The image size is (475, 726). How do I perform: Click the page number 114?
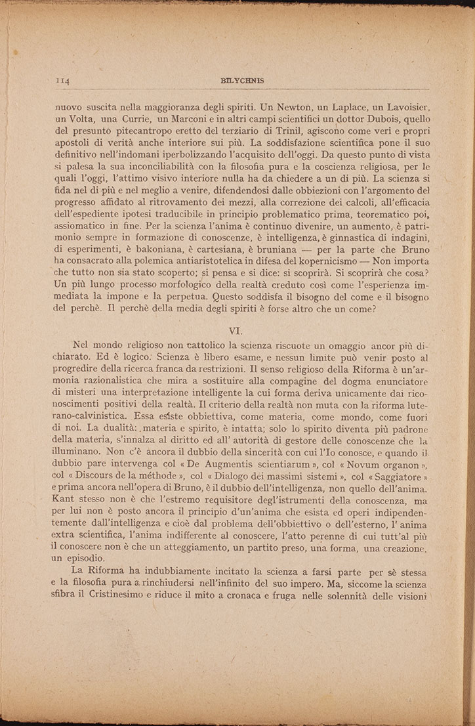click(63, 81)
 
